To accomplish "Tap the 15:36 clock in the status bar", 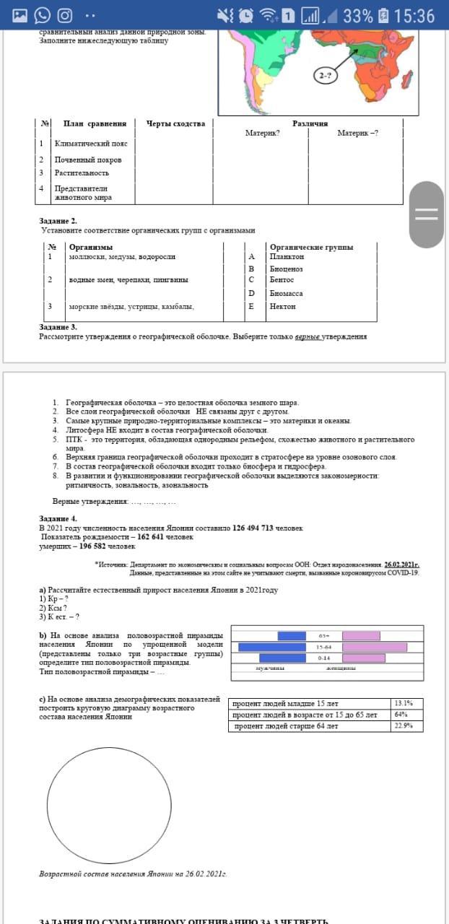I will pos(415,15).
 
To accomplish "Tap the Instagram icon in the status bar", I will pos(65,15).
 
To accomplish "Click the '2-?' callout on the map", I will pos(326,76).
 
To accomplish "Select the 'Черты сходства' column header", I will pos(175,123).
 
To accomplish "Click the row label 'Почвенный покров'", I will pos(88,160).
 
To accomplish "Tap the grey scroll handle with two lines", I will pos(426,214).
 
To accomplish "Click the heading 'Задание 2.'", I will pos(58,221).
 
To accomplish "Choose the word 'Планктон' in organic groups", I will pos(287,256).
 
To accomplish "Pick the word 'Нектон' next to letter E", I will pos(283,306).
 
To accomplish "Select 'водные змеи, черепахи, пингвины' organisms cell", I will pos(128,279).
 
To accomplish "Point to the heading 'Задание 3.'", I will pos(58,327).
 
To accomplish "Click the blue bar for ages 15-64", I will pos(272,647).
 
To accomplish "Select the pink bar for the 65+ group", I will pos(361,635).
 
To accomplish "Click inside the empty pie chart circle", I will pos(109,806).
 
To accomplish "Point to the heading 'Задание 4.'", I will pos(58,518).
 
